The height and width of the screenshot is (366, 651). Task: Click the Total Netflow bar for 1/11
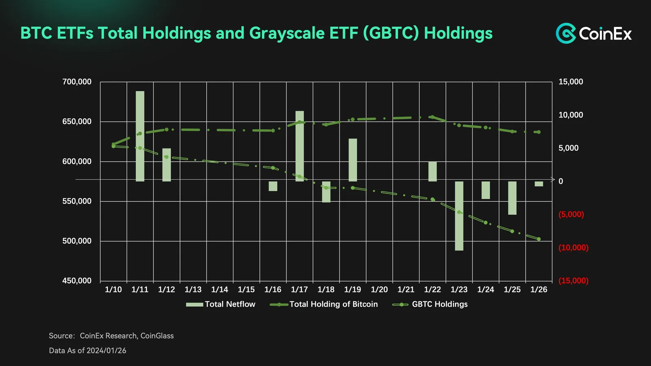coord(140,136)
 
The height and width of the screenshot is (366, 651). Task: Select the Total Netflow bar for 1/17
coord(299,146)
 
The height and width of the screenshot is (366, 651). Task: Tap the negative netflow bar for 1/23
coord(459,216)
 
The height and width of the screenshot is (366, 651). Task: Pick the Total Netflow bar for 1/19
coord(353,160)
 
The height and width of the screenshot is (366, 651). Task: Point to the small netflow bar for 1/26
coord(539,184)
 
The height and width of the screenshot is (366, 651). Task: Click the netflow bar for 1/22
coord(433,172)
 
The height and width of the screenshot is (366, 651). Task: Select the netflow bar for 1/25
coord(512,198)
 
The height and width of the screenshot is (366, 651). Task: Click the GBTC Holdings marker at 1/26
coord(539,239)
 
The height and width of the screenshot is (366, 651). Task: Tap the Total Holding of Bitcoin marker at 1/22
coord(433,117)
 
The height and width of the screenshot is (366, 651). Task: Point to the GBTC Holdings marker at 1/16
coord(273,168)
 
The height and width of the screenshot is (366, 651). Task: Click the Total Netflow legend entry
coord(221,304)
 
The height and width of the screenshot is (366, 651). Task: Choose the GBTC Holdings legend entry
coord(430,304)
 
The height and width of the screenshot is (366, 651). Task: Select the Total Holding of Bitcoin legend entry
coord(324,304)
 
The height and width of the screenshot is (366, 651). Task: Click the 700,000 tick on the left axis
coord(77,82)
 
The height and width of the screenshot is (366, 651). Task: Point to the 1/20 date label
coord(379,290)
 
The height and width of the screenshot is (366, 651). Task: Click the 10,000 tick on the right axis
coord(571,115)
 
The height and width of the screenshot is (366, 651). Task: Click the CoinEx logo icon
coord(566,33)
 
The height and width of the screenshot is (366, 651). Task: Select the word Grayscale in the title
coord(286,33)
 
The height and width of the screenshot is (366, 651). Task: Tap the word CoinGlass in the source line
coord(157,336)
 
